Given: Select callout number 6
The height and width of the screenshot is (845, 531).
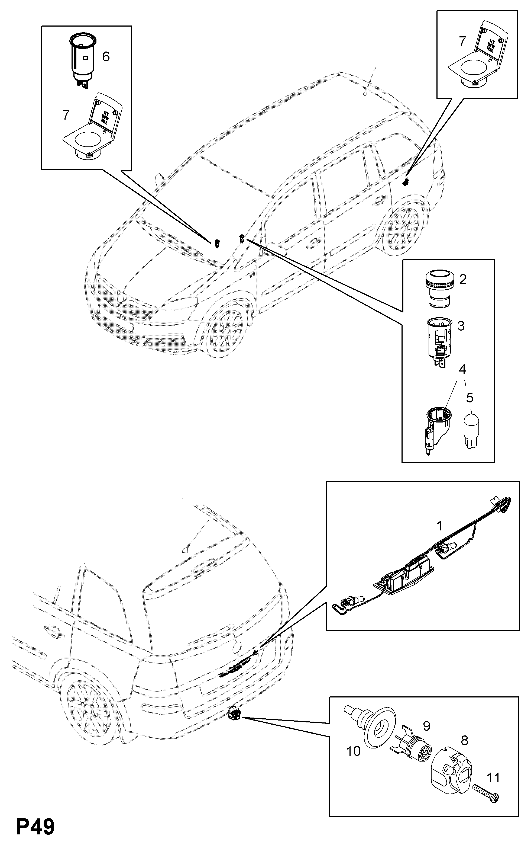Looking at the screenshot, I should tap(105, 56).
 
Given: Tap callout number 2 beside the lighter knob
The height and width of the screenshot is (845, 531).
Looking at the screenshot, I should tap(463, 280).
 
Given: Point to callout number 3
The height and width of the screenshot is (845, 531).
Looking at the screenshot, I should tap(461, 326).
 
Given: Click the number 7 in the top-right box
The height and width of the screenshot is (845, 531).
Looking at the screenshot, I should tap(462, 42).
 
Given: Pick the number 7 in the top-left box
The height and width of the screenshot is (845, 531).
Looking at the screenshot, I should tap(66, 115).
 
